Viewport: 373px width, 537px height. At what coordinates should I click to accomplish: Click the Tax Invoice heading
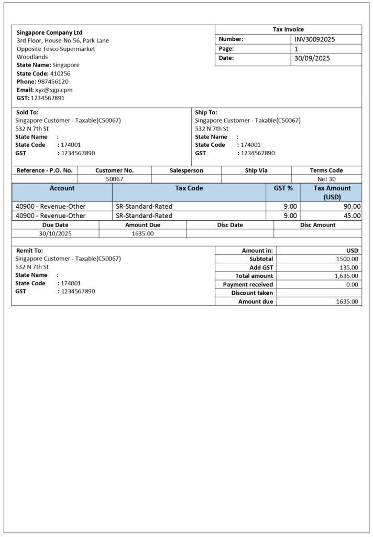(288, 29)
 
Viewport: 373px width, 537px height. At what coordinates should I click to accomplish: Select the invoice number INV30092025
(314, 39)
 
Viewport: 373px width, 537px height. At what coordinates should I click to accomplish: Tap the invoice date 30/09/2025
(312, 58)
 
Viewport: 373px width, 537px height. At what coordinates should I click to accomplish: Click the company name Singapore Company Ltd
(49, 33)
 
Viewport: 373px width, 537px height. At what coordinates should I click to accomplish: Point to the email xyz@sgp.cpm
(53, 90)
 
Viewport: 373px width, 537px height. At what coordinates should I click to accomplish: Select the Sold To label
(27, 112)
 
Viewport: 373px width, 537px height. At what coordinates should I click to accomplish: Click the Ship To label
(206, 112)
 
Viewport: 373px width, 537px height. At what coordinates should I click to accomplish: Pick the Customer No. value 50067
(114, 179)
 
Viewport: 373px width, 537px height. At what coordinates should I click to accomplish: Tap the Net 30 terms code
(326, 179)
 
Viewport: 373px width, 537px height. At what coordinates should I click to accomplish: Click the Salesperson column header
(186, 170)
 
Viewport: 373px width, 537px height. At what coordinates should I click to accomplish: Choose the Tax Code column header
(189, 188)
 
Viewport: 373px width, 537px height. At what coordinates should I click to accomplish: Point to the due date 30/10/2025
(55, 233)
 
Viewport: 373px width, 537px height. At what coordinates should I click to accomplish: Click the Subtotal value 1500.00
(347, 259)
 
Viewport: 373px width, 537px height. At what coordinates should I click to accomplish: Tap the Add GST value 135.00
(349, 267)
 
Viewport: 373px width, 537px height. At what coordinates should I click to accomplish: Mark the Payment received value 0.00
(352, 284)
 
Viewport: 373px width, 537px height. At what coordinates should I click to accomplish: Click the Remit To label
(29, 251)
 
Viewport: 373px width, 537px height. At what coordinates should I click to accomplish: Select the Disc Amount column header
(317, 225)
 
